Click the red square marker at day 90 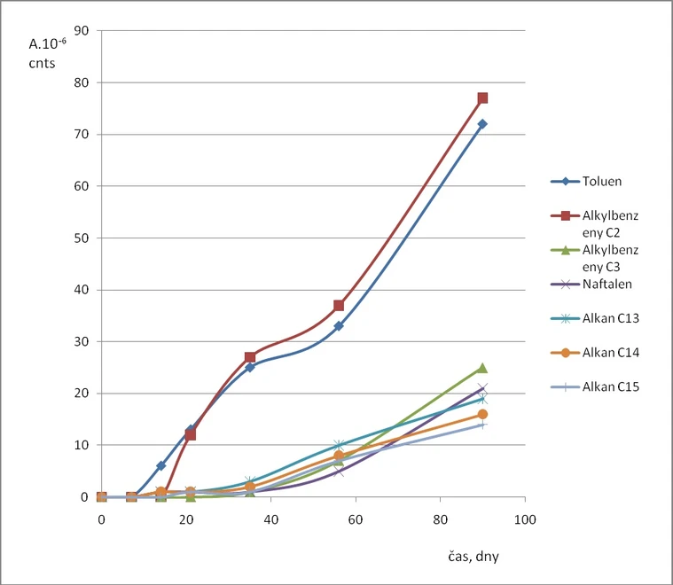[x=482, y=98]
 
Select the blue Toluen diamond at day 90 [x=482, y=124]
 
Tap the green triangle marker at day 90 [x=482, y=368]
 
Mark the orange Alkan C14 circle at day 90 [x=482, y=414]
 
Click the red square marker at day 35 [x=250, y=357]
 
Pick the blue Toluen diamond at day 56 [x=339, y=326]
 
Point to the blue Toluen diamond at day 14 [x=160, y=465]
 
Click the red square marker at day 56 [x=339, y=305]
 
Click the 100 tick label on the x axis [x=525, y=519]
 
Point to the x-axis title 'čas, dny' [x=477, y=557]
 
